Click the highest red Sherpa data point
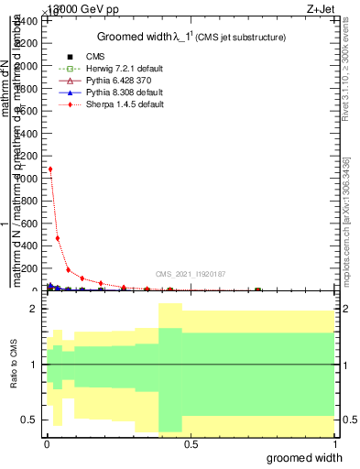pyautogui.click(x=50, y=169)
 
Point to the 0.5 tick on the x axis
pyautogui.click(x=190, y=444)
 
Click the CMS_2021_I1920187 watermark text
pyautogui.click(x=191, y=275)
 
